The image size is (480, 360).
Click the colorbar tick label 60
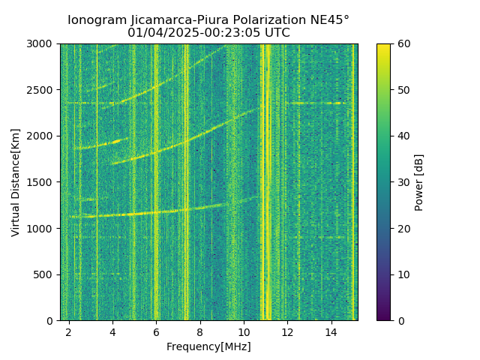[x=403, y=44]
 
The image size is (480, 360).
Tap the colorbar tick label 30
[x=403, y=182]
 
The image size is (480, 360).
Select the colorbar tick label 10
[x=403, y=274]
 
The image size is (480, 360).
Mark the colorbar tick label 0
[x=400, y=320]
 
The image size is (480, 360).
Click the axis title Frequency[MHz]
[x=208, y=346]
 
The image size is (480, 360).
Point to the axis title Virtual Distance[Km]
[x=16, y=182]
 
